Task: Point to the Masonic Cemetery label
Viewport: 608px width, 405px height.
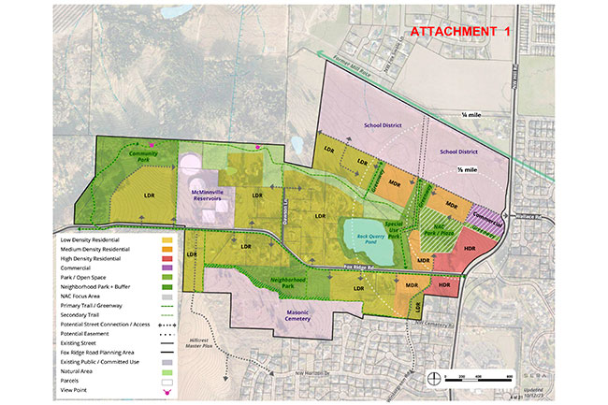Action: tap(302, 320)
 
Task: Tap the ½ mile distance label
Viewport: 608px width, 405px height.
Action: tap(465, 170)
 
